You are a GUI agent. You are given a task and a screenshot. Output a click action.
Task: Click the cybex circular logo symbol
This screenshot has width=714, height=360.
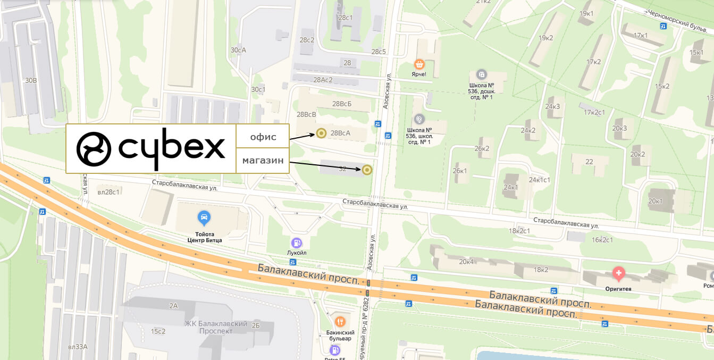(x=94, y=149)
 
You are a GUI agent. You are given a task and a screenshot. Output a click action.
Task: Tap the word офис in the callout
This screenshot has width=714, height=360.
(x=263, y=137)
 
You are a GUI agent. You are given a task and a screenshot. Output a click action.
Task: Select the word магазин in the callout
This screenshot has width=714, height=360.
(x=263, y=161)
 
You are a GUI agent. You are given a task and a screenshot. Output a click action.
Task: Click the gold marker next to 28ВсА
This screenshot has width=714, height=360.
(x=321, y=133)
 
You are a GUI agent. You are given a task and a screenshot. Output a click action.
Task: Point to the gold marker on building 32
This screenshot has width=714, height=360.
(x=366, y=170)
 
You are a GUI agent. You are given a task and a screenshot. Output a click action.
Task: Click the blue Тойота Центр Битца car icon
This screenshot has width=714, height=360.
(x=204, y=217)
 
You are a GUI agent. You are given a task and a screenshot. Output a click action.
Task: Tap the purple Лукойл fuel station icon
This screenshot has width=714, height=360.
(x=297, y=242)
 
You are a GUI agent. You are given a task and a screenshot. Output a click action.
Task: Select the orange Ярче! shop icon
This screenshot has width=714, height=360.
(x=419, y=64)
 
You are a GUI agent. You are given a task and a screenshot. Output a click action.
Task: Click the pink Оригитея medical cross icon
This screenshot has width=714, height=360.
(x=618, y=274)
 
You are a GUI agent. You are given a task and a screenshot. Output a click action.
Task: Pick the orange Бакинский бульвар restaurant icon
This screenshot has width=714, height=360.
(x=340, y=322)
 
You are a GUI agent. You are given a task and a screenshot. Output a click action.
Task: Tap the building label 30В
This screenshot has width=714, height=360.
(x=31, y=80)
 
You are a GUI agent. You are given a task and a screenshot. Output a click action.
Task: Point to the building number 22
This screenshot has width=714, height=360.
(x=589, y=162)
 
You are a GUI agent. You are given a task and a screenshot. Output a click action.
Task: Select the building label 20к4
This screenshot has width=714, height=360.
(x=466, y=261)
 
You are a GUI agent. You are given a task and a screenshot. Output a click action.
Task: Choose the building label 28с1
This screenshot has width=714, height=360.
(x=345, y=18)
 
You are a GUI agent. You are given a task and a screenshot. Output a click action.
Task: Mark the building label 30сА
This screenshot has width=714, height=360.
(x=238, y=50)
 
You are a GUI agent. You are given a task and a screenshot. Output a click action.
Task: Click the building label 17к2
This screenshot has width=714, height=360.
(x=593, y=62)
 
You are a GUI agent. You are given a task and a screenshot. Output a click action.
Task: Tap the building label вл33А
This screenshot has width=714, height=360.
(x=78, y=347)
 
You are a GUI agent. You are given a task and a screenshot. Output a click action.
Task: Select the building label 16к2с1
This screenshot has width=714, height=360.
(x=602, y=239)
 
